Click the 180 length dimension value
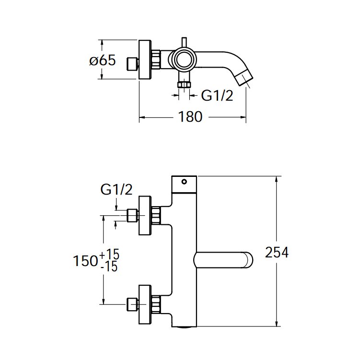(191, 117)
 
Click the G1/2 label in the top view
(217, 96)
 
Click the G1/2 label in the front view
(116, 190)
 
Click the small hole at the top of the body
(183, 182)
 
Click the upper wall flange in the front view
(145, 216)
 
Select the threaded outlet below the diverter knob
(183, 85)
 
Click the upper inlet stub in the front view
(132, 216)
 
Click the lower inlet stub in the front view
(132, 304)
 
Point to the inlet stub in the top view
(132, 63)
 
